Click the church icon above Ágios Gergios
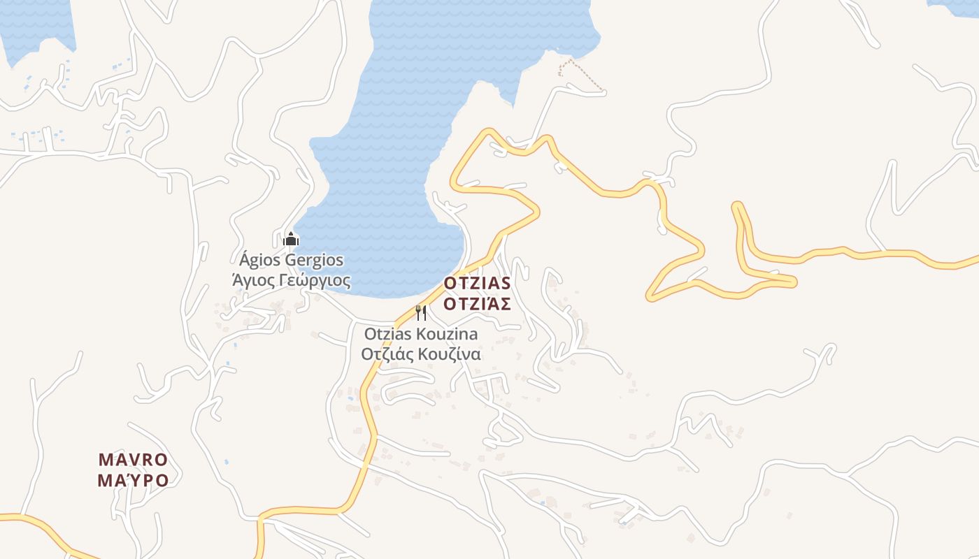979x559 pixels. pos(290,240)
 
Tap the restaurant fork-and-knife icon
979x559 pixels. pos(420,312)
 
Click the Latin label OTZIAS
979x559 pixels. pos(477,284)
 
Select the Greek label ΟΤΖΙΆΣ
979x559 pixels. pos(477,304)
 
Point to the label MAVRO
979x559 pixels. pos(133,460)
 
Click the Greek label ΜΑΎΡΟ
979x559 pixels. pos(133,481)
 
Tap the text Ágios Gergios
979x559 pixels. pos(292,261)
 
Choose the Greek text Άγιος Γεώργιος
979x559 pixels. pos(291,281)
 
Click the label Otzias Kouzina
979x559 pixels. pos(420,333)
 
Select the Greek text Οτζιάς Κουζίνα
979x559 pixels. pos(420,354)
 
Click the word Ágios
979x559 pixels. pos(259,261)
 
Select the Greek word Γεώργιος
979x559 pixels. pos(313,281)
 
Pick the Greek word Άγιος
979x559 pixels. pos(251,281)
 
